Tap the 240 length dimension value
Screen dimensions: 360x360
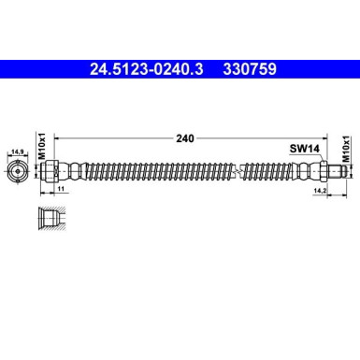pos(184,138)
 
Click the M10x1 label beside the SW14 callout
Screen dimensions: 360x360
pos(346,152)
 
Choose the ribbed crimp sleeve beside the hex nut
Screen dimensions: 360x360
pos(301,170)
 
